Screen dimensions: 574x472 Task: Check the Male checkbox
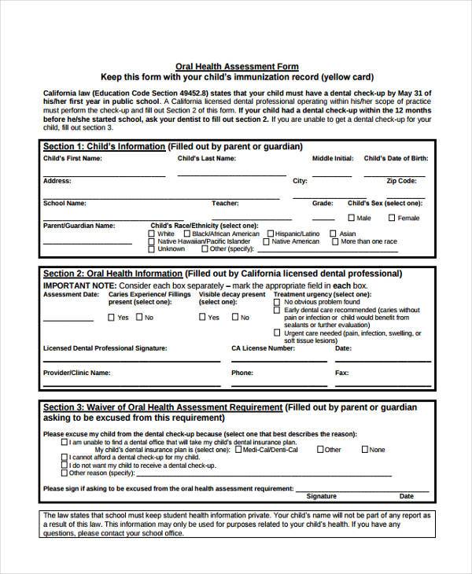[x=352, y=218]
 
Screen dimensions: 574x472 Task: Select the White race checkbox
[x=153, y=234]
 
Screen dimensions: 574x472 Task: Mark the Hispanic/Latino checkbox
[x=270, y=234]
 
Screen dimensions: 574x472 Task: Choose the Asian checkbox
[x=334, y=234]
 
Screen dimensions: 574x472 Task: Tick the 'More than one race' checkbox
[x=334, y=241]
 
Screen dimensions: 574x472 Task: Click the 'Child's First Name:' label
[x=72, y=158]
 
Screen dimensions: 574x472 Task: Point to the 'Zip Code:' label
[x=401, y=181]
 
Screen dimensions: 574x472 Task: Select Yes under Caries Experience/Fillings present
[x=111, y=317]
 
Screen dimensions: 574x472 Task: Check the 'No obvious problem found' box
[x=276, y=302]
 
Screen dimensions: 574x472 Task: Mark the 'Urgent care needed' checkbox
[x=276, y=333]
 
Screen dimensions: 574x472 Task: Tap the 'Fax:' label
[x=341, y=373]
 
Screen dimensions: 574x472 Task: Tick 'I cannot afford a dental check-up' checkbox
[x=64, y=457]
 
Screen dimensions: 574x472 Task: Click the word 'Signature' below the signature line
[x=321, y=496]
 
